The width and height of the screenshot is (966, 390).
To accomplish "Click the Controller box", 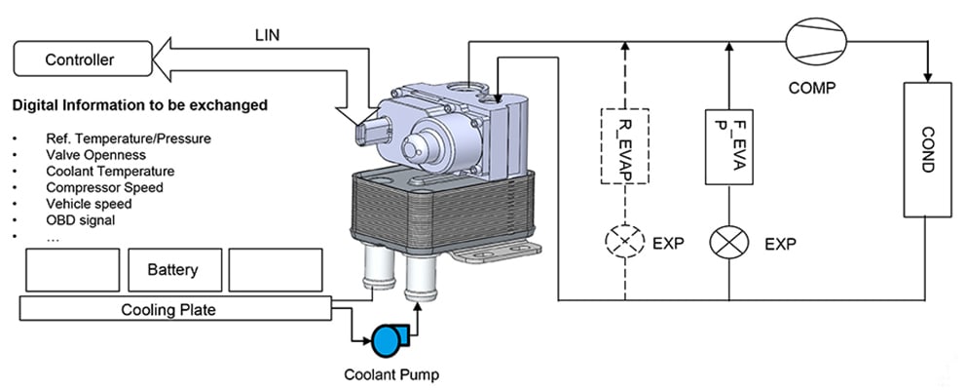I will point(82,60).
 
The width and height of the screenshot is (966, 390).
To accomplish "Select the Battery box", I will point(173,270).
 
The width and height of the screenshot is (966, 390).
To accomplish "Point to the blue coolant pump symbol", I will point(386,340).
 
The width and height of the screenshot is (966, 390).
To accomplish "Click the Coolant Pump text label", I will point(385,373).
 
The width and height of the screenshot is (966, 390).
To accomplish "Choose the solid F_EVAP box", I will point(730,147).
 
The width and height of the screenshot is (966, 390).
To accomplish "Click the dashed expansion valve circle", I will point(624,240).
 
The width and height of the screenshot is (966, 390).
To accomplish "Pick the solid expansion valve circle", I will point(730,240).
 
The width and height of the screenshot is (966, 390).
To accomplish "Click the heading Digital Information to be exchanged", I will point(140,104).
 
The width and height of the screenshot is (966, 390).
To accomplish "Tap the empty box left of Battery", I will point(71,270).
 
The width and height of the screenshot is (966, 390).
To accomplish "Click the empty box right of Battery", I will point(275,270).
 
